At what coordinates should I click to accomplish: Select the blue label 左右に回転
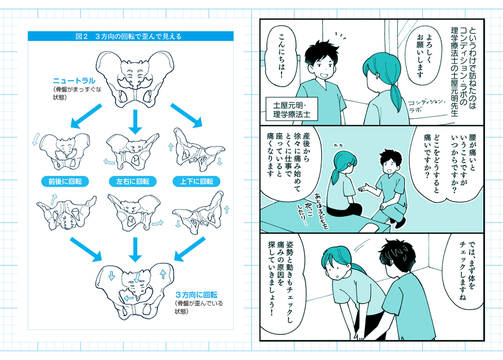click(x=133, y=182)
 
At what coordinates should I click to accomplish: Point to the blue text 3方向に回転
click(x=196, y=295)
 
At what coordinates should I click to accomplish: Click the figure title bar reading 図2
click(x=131, y=37)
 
